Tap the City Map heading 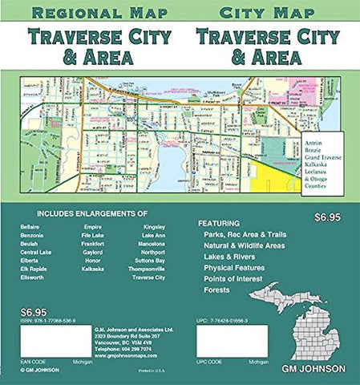(x=250, y=13)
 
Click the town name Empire (x=93, y=228)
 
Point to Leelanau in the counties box (x=322, y=176)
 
